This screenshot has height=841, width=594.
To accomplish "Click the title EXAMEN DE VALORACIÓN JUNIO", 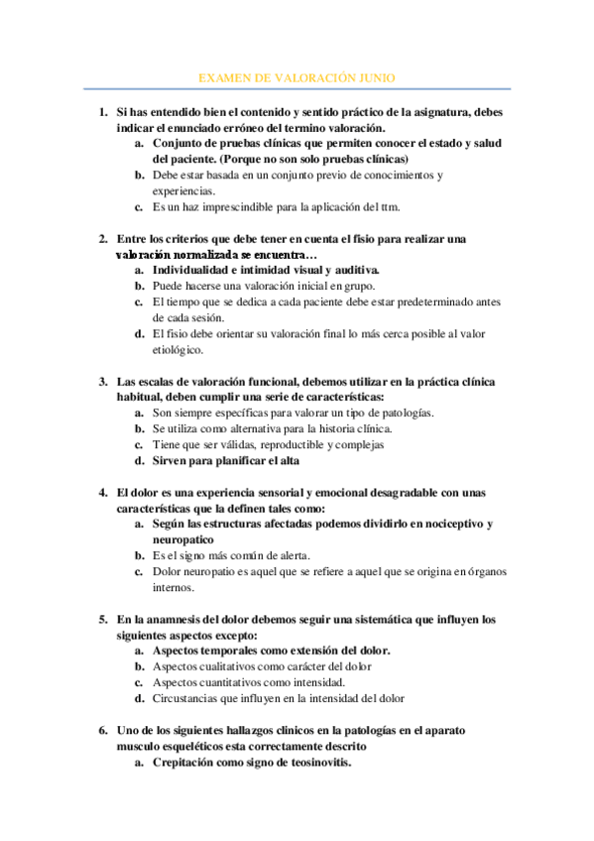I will click(x=297, y=76).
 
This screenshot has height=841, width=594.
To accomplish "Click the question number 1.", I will click(x=103, y=112).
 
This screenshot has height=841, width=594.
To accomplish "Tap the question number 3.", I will click(x=103, y=382).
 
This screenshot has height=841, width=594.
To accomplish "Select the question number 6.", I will click(x=103, y=730).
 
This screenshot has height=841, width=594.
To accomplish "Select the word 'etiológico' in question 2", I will click(x=178, y=349).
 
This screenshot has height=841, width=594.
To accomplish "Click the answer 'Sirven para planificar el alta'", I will click(x=225, y=460).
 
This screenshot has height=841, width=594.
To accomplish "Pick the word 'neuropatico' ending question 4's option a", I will click(x=183, y=540).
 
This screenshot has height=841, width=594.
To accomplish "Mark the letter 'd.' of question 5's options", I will click(x=140, y=698).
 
